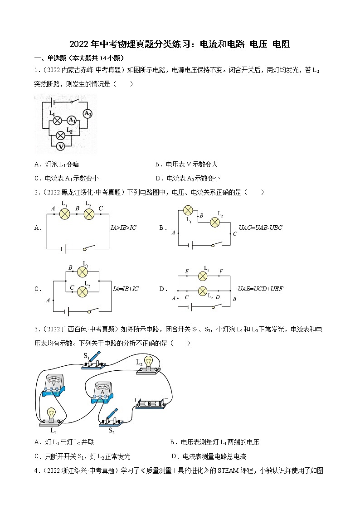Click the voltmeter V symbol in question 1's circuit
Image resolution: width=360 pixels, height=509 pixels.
(x=61, y=146)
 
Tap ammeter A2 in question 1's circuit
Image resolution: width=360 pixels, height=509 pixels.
(x=88, y=114)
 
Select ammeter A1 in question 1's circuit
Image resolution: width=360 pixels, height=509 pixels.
(x=72, y=121)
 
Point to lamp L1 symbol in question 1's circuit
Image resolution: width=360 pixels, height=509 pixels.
(x=58, y=121)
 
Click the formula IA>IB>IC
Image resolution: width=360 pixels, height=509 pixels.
(x=124, y=228)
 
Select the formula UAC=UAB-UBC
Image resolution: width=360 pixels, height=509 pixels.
(x=260, y=228)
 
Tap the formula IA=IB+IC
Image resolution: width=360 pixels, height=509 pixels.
(x=126, y=289)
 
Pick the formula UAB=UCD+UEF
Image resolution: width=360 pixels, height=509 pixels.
(x=260, y=289)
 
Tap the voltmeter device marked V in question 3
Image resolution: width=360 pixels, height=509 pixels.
(x=54, y=385)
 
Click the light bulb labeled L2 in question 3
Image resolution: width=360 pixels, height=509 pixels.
(x=148, y=365)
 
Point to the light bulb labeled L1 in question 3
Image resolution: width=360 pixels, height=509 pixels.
(x=51, y=417)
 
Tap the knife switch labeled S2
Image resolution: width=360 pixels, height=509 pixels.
(x=112, y=417)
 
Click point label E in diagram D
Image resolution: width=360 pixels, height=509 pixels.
(x=187, y=271)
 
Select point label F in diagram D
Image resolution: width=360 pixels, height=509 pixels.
(x=221, y=271)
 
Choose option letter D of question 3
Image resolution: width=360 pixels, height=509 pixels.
(x=174, y=456)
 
